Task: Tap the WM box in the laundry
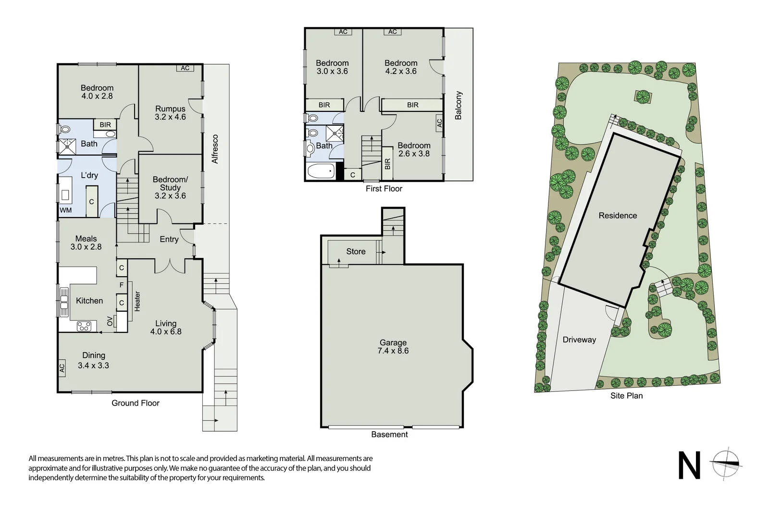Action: [66, 210]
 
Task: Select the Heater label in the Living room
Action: [137, 301]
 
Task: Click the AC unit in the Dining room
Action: [62, 368]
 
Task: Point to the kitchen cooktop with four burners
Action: [84, 327]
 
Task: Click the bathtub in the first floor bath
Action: [321, 171]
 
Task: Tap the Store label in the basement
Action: [356, 252]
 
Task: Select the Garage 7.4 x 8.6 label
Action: [393, 347]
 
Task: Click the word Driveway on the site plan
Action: [579, 340]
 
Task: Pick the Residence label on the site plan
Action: [618, 216]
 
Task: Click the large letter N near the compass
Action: [689, 465]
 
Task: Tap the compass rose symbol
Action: [727, 464]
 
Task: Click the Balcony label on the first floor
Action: [458, 105]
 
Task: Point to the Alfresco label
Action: [215, 149]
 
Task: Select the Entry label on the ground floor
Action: [169, 239]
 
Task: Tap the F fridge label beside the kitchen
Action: [122, 285]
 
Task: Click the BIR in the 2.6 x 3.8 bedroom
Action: [387, 164]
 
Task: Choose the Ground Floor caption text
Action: [136, 403]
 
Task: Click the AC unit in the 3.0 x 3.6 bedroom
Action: [343, 32]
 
